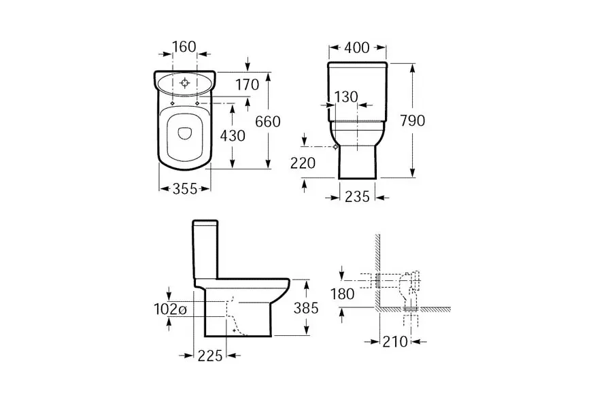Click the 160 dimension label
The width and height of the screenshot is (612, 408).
pos(184,47)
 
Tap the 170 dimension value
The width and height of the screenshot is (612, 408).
pos(248,84)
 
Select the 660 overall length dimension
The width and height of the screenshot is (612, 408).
pos(268,122)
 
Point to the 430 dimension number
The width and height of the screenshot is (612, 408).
pos(233,135)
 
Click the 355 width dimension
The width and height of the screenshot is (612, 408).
pos(185,188)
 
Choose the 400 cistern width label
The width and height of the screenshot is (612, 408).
pos(357,48)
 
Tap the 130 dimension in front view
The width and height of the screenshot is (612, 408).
pos(346,97)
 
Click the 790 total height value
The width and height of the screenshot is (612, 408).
pos(413,120)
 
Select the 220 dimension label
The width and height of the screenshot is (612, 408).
pos(303,163)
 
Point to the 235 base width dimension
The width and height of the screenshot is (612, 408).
pos(357,197)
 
